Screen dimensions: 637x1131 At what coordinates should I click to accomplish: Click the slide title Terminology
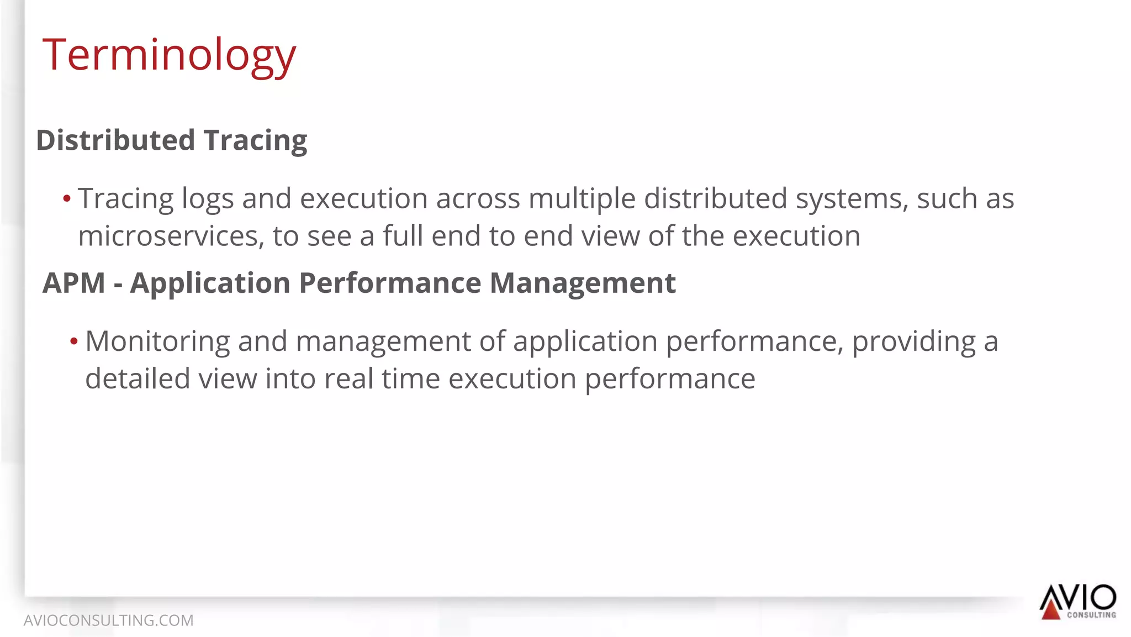point(169,55)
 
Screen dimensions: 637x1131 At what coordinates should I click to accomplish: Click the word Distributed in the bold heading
point(115,140)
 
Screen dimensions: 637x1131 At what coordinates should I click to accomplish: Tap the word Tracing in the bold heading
point(255,140)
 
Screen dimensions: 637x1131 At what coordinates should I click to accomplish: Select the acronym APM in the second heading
point(74,283)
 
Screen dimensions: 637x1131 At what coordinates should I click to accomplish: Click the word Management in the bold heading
point(583,283)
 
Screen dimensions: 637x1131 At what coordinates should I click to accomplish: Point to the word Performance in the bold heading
point(390,283)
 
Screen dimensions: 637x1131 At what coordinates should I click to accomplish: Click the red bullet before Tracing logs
point(67,199)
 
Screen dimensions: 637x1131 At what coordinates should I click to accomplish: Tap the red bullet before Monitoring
point(74,341)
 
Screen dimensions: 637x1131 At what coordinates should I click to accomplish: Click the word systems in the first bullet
point(852,199)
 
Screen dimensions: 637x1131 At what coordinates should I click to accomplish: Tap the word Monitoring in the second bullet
point(157,341)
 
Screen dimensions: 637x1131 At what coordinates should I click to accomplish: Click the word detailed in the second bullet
point(138,379)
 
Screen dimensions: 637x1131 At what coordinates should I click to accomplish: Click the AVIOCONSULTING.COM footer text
point(108,620)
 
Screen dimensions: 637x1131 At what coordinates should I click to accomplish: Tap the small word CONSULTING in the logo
point(1091,615)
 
